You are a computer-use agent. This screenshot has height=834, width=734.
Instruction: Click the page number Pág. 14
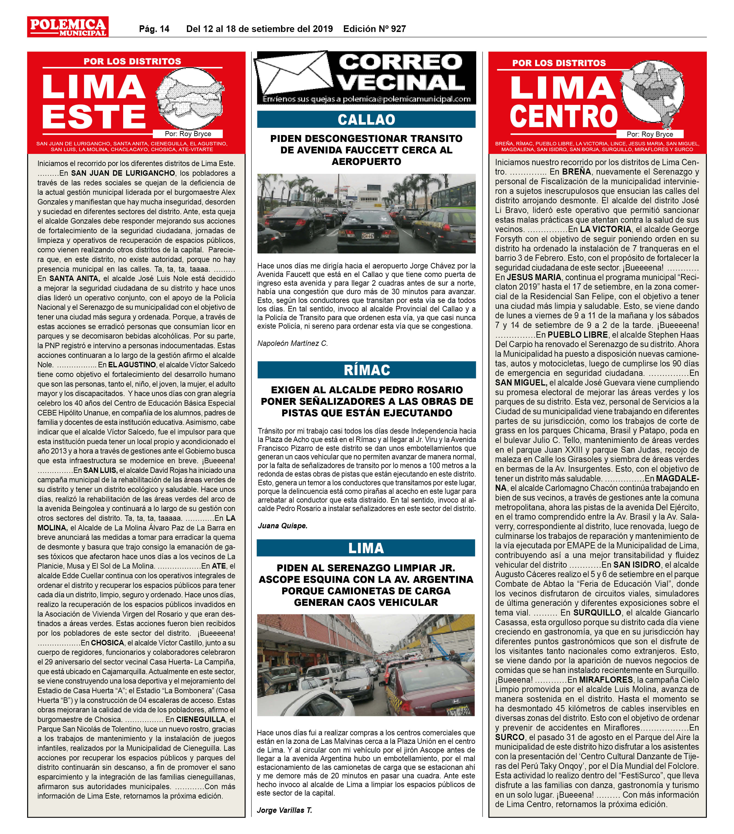[x=154, y=29]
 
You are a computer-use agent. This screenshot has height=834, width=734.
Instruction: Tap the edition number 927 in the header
[x=398, y=29]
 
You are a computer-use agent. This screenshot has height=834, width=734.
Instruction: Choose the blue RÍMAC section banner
[x=366, y=370]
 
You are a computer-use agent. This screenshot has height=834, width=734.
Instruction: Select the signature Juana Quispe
[x=282, y=526]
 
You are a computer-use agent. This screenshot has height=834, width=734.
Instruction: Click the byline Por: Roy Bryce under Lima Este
[x=187, y=134]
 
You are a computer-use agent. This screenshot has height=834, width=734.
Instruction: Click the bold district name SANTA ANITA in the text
[x=74, y=279]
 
